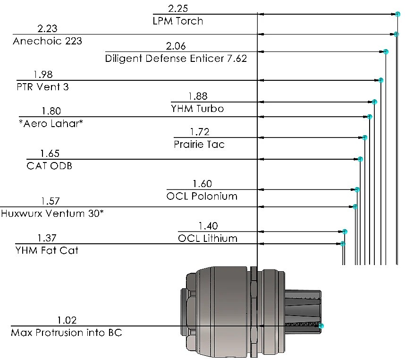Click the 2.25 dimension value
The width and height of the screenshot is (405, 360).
pyautogui.click(x=178, y=9)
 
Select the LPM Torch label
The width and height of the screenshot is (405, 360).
pyautogui.click(x=178, y=21)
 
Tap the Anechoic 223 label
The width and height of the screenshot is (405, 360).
pyautogui.click(x=47, y=41)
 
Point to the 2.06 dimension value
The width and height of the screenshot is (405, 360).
pyautogui.click(x=176, y=46)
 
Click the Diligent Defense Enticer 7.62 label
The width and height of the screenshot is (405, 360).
pyautogui.click(x=176, y=59)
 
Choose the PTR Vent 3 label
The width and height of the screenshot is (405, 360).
pyautogui.click(x=42, y=87)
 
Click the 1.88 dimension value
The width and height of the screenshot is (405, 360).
pyautogui.click(x=198, y=96)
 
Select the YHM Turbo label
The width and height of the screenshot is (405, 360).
pyautogui.click(x=198, y=109)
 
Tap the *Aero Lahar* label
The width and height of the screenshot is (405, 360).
pyautogui.click(x=51, y=123)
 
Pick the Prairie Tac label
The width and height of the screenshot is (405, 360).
pyautogui.click(x=199, y=144)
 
